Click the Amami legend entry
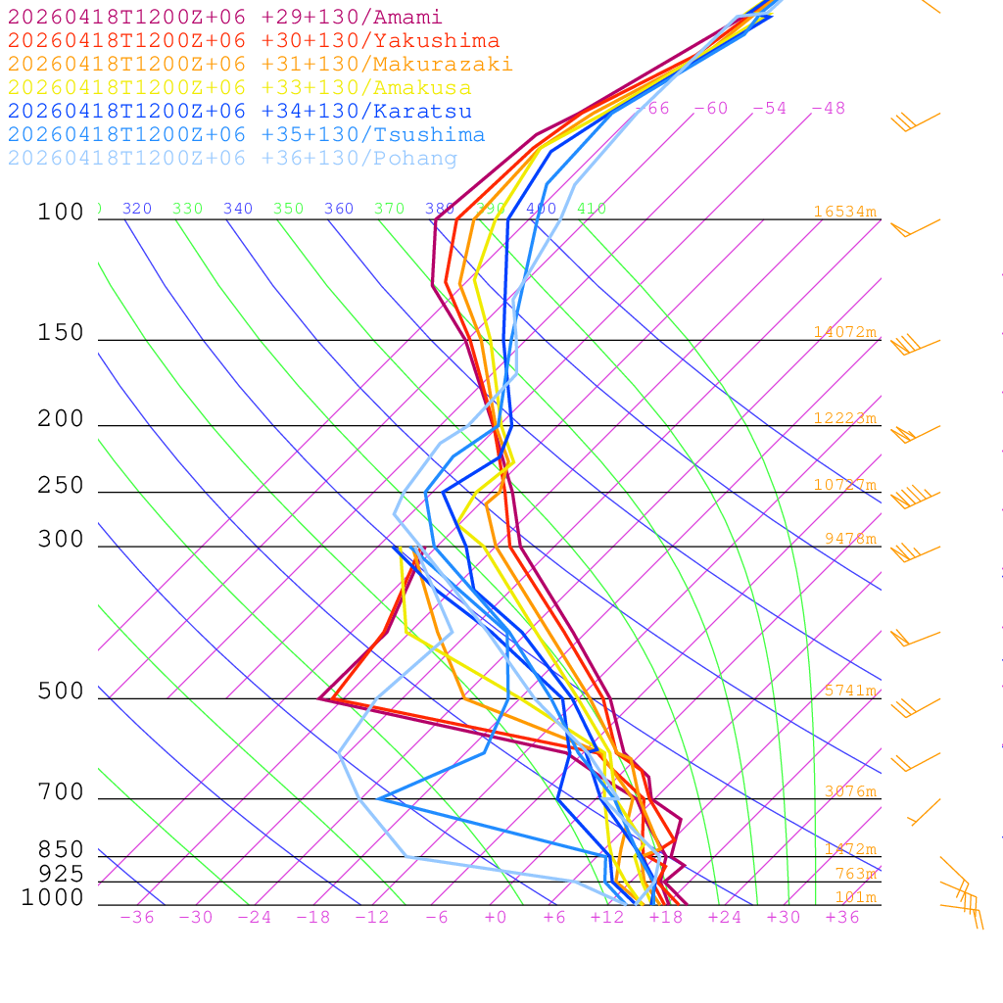click(225, 18)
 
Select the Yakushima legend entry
click(254, 41)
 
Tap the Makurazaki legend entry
click(261, 65)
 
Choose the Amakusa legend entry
click(240, 88)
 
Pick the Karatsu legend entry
click(240, 112)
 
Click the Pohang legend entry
click(233, 159)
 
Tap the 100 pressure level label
click(61, 212)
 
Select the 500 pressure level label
click(61, 692)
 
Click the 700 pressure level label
click(61, 791)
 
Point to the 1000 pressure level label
click(53, 897)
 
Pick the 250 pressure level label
click(61, 486)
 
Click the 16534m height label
click(844, 212)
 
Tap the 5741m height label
click(849, 691)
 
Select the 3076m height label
click(849, 791)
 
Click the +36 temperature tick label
click(842, 918)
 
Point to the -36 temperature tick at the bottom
click(137, 918)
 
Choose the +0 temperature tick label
click(496, 918)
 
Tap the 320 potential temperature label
click(137, 209)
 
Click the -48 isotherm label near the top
click(829, 109)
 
